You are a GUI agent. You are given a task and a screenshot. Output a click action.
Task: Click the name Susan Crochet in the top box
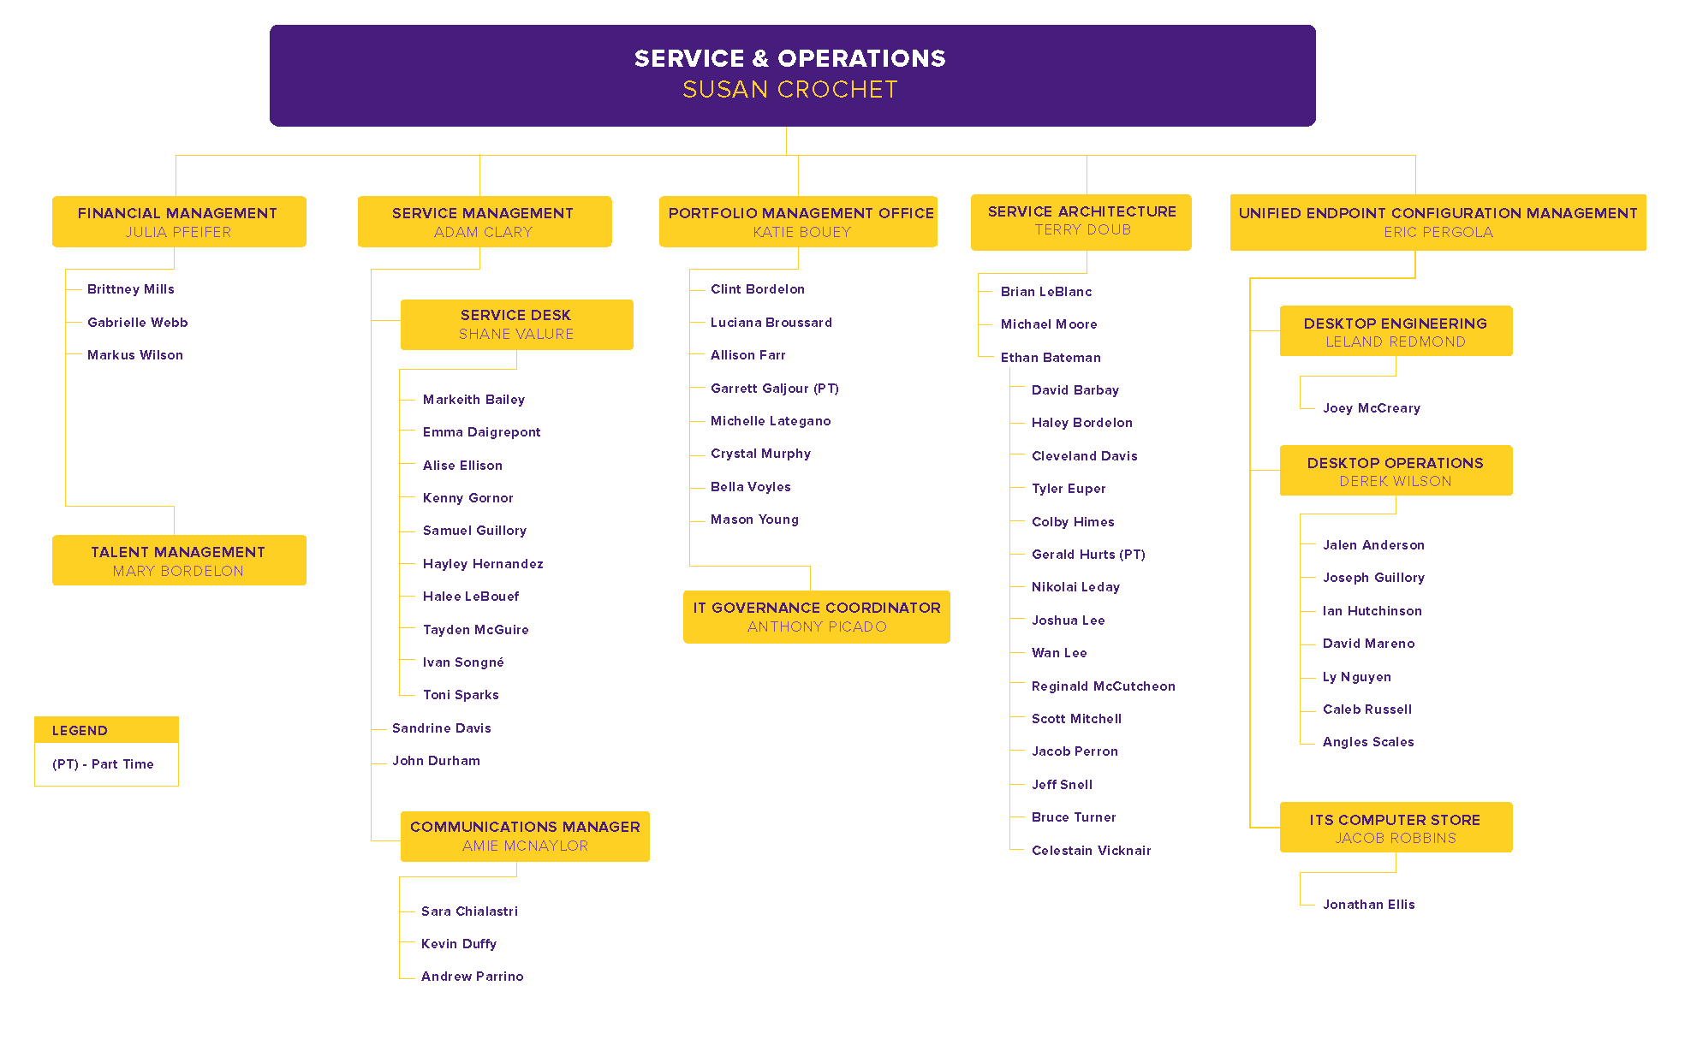coord(789,90)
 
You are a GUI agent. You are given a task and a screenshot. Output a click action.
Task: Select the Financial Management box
coord(178,222)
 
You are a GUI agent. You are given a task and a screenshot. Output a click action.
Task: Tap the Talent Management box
coord(178,561)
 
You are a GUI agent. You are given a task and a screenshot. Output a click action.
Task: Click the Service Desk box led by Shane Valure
coord(516,324)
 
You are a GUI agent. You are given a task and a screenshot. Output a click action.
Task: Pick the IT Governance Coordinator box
coord(816,617)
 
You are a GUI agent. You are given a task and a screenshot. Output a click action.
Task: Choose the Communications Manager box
coord(525,836)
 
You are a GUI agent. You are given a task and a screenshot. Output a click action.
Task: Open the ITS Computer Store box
coord(1395,828)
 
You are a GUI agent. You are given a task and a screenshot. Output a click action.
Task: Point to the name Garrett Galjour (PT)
coord(774,389)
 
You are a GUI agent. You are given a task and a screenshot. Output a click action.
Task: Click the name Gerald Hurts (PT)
coord(1087,555)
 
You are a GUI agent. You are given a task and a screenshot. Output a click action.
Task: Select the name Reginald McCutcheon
coord(1103,686)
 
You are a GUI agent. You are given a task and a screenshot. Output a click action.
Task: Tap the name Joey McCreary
coord(1371,408)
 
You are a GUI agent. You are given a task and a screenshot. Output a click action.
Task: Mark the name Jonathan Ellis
coord(1368,905)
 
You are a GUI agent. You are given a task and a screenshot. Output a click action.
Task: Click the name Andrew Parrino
coord(472,977)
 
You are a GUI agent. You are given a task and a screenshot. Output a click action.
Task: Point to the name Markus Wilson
coord(134,355)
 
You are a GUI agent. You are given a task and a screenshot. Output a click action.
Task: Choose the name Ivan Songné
coord(463,662)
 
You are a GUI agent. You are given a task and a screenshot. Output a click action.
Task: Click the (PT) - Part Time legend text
coord(103,764)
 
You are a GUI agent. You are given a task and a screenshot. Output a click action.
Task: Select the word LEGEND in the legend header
coord(80,731)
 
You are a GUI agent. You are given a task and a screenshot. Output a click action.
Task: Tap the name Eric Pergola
coord(1438,233)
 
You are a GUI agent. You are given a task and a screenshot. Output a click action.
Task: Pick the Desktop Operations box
coord(1395,471)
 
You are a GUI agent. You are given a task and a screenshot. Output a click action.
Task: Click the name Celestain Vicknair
coord(1091,851)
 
